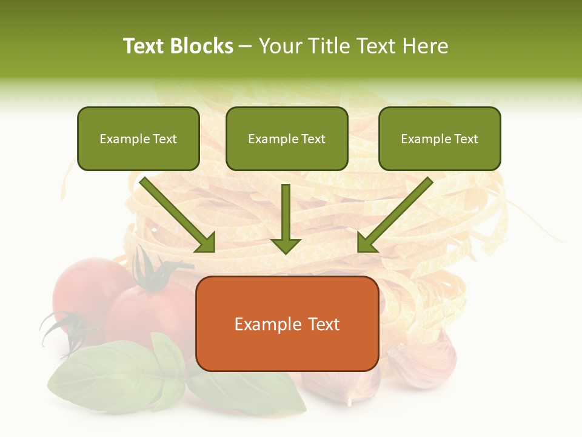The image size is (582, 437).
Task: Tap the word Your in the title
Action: tap(279, 46)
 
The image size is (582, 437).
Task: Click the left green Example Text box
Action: tap(138, 139)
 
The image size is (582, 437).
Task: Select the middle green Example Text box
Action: tap(287, 139)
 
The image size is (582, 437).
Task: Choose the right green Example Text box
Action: tap(440, 139)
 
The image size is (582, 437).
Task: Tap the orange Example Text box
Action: tap(287, 324)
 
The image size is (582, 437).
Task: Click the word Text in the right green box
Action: tap(466, 139)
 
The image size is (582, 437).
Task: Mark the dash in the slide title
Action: tap(246, 46)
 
